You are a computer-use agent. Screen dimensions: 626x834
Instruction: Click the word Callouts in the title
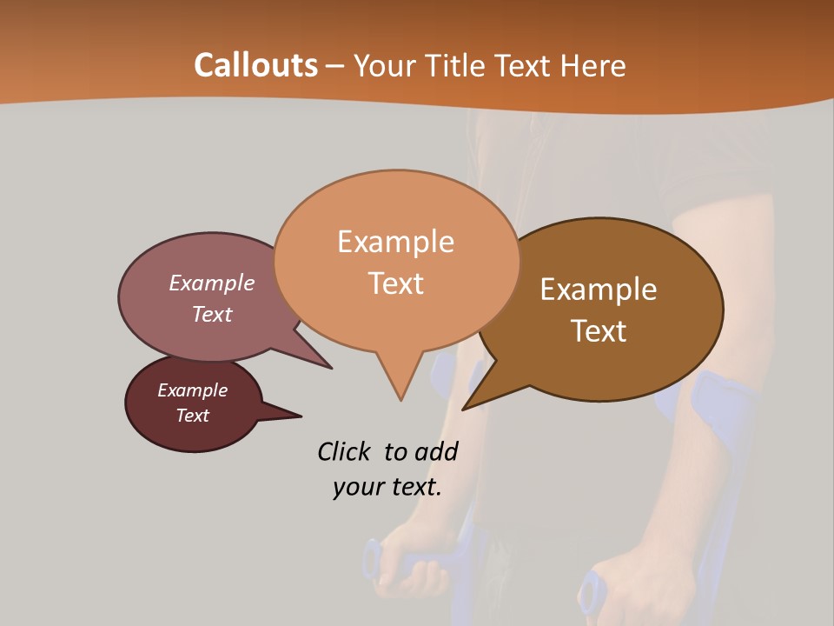tap(255, 65)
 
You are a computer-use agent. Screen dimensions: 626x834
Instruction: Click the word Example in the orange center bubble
tap(395, 242)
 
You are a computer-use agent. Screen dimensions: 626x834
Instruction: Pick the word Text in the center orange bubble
tap(395, 283)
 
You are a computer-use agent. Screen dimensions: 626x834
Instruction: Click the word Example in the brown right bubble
tap(599, 290)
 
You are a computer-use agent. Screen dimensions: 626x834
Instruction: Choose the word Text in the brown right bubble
tap(599, 331)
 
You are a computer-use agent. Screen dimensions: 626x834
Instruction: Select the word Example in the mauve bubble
tap(211, 283)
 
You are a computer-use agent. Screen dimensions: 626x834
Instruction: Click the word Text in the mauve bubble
tap(211, 314)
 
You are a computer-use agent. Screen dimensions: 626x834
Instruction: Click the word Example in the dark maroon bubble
tap(192, 390)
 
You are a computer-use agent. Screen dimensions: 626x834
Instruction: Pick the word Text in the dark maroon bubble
tap(192, 416)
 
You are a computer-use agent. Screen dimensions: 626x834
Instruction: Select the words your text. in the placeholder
tap(387, 487)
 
